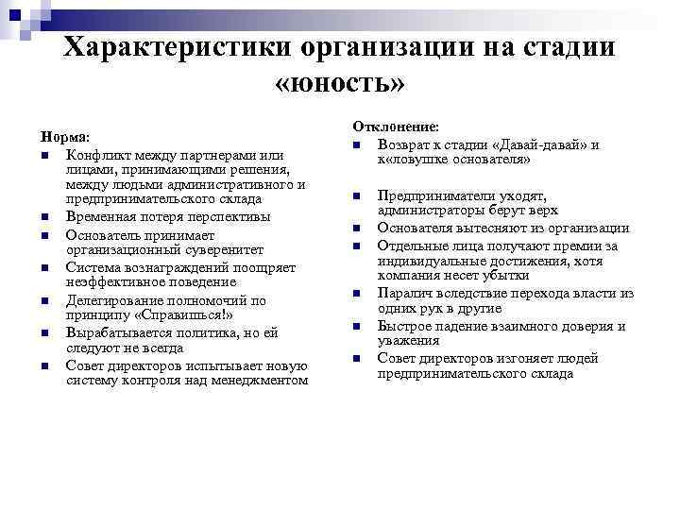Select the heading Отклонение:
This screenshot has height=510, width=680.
click(396, 125)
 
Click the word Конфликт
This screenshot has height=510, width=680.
click(96, 154)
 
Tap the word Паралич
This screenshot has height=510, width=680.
click(403, 294)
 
